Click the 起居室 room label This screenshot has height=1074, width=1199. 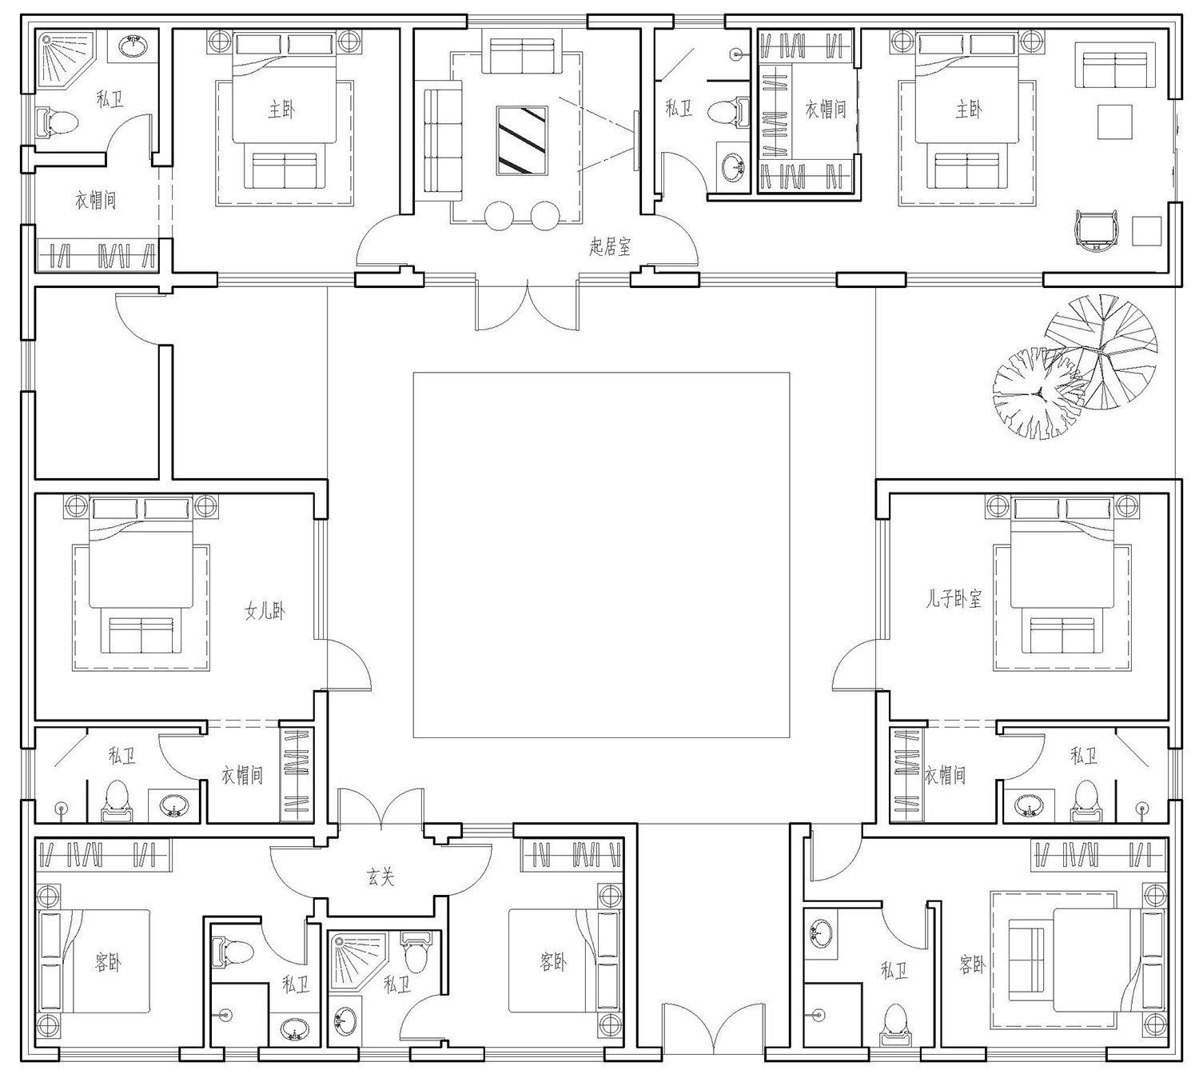(610, 246)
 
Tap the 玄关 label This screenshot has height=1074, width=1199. (380, 876)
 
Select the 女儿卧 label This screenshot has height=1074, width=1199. (265, 611)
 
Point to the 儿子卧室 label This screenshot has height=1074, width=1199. (954, 598)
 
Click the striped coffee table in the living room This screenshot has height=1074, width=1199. (522, 140)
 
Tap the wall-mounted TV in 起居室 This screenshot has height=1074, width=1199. (637, 140)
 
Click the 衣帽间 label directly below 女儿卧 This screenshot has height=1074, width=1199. (241, 775)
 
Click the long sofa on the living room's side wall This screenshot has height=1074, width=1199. (443, 140)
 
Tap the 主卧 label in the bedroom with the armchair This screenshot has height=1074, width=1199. (968, 109)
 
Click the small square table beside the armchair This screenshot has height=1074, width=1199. (1146, 231)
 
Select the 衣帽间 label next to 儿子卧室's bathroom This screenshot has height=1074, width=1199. (945, 775)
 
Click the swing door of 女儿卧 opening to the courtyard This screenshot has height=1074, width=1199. (349, 665)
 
